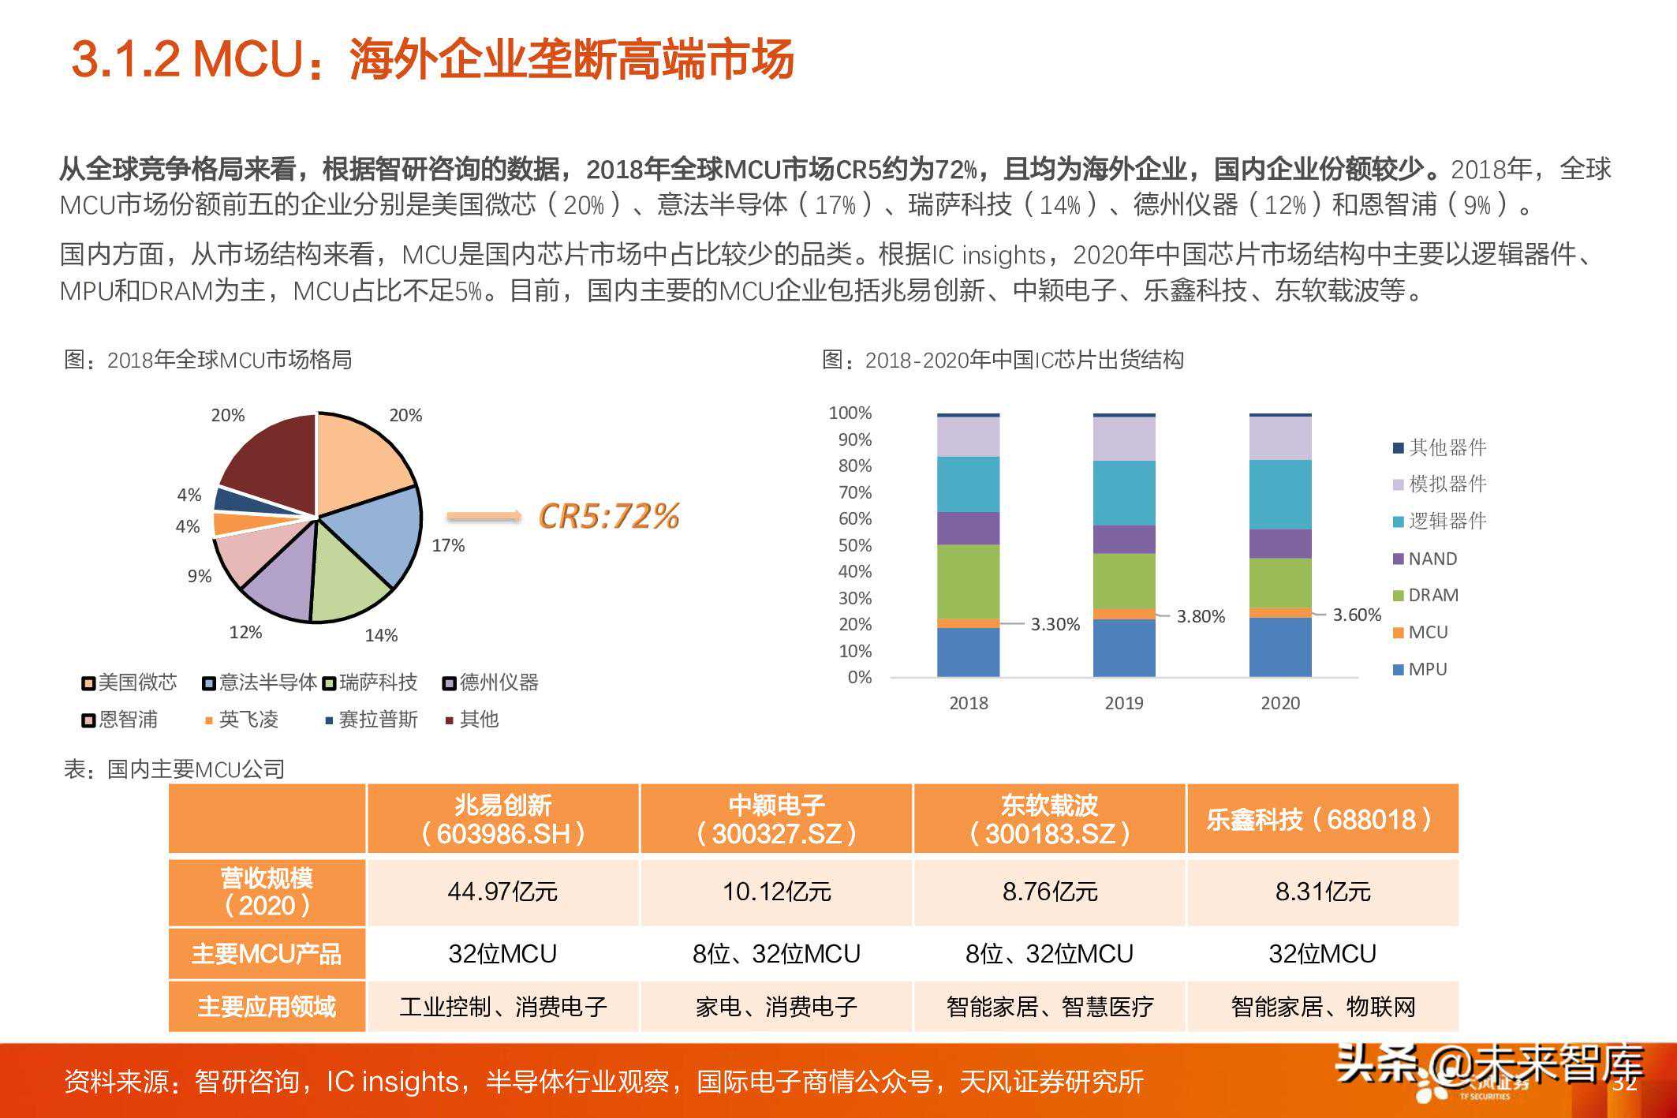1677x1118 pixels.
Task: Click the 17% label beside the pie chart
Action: pyautogui.click(x=448, y=545)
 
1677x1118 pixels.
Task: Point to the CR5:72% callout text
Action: pyautogui.click(x=608, y=516)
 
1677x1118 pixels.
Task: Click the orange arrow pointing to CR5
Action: pyautogui.click(x=484, y=517)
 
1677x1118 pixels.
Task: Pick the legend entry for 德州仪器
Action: pyautogui.click(x=491, y=682)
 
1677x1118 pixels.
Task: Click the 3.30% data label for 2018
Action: pyautogui.click(x=1055, y=624)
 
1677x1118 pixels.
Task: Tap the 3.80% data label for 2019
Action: pyautogui.click(x=1201, y=616)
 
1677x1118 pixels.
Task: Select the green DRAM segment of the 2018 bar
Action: pyautogui.click(x=968, y=581)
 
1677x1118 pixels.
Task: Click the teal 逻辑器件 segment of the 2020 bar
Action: pyautogui.click(x=1280, y=494)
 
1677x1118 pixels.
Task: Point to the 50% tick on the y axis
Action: pyautogui.click(x=854, y=545)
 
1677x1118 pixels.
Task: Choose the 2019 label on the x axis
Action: pyautogui.click(x=1124, y=703)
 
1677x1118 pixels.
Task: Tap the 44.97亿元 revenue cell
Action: pyautogui.click(x=502, y=892)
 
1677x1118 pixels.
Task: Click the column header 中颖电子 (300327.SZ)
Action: pyautogui.click(x=776, y=819)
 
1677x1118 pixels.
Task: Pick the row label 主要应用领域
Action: pyautogui.click(x=267, y=1007)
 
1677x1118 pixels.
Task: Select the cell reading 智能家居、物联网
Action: pyautogui.click(x=1323, y=1007)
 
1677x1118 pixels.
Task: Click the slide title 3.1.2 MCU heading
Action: pyautogui.click(x=432, y=59)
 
